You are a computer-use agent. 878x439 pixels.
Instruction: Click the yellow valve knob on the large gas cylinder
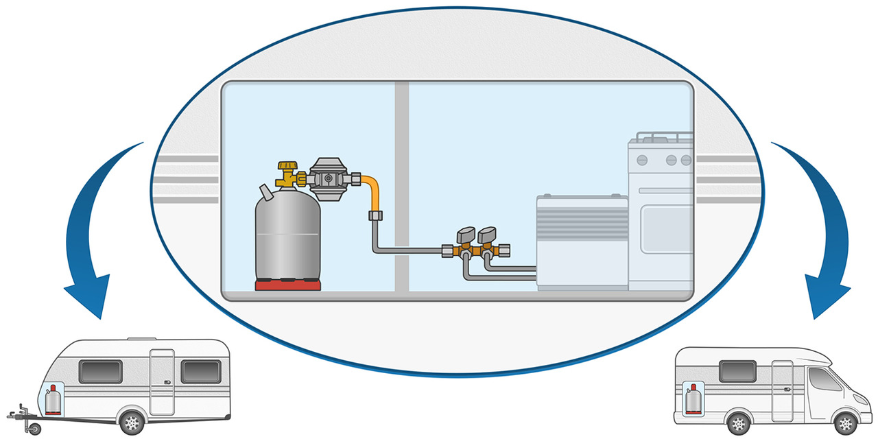286,167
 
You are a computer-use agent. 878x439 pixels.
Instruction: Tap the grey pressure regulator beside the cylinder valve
328,176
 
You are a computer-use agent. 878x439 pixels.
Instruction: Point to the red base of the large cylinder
288,285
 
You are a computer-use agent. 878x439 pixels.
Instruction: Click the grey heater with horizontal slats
582,240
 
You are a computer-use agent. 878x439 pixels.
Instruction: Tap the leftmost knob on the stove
642,161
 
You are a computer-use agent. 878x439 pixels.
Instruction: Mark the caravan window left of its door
101,372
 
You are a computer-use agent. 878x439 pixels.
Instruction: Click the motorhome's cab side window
822,379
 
